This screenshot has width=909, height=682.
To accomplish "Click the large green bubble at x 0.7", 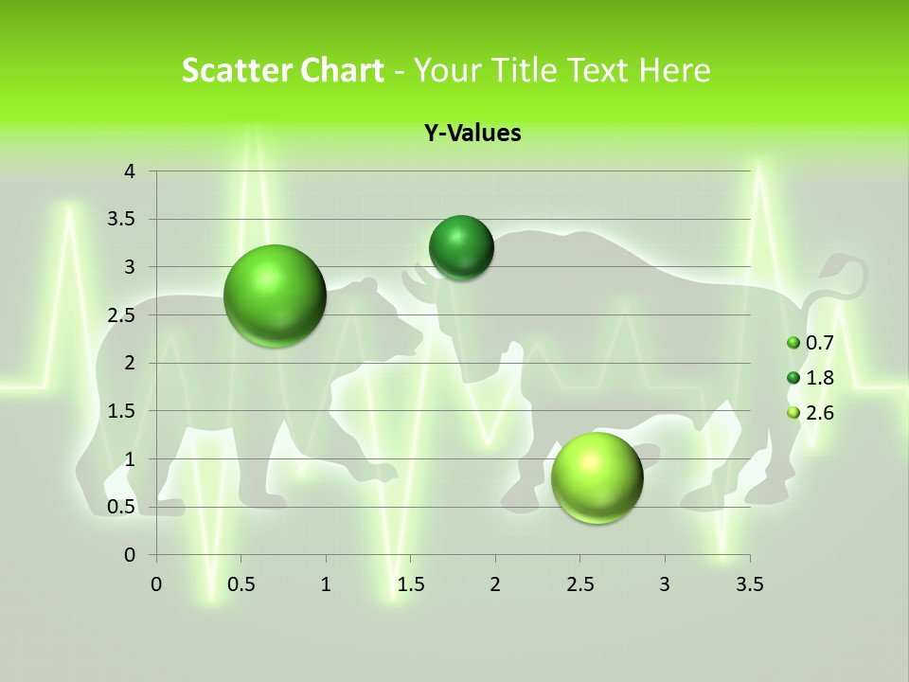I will (275, 296).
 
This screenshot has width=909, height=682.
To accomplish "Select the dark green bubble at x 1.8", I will (461, 248).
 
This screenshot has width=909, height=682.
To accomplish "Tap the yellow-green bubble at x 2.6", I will (597, 477).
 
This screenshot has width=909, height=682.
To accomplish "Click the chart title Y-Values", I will (472, 133).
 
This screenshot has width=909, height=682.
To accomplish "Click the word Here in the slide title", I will (674, 70).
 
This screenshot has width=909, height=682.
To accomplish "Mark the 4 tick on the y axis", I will (131, 171).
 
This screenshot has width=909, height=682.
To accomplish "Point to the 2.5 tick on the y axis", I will (123, 315).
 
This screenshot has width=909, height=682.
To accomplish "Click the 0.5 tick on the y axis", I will (123, 507).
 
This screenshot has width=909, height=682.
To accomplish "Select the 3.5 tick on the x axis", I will (749, 584).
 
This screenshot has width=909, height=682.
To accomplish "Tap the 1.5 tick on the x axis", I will (410, 584).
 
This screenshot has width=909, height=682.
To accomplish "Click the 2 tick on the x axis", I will (495, 584).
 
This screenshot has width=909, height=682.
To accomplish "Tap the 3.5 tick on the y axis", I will (123, 220).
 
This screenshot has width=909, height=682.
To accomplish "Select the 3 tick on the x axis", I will (665, 584).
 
